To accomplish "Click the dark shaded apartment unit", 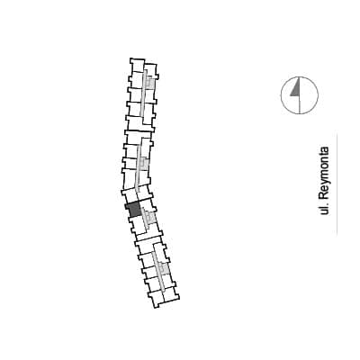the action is click(x=134, y=210).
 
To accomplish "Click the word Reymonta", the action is click(x=324, y=173).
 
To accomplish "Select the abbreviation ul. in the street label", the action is click(x=324, y=209).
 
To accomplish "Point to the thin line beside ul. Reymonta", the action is click(x=337, y=184).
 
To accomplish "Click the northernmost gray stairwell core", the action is click(x=150, y=83).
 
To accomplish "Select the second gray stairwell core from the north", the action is click(x=144, y=164).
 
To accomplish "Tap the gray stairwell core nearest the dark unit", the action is click(x=151, y=217).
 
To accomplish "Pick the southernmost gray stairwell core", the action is click(x=165, y=268).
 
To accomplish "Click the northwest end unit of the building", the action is click(x=138, y=65).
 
